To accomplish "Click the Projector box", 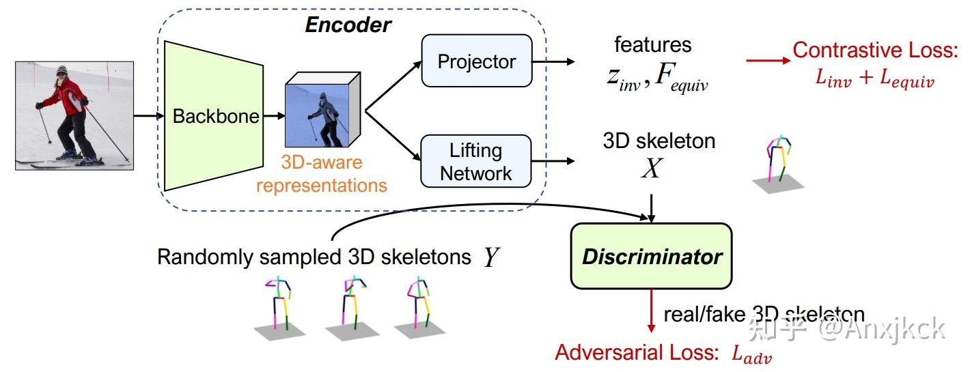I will point(476,61).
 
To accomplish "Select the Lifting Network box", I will point(476,162).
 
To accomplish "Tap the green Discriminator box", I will point(651,257).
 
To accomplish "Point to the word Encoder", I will point(348,25).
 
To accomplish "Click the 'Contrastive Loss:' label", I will point(874,50).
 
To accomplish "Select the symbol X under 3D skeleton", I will point(651,169).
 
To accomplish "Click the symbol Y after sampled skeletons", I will point(490,257).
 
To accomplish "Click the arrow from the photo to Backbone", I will point(145,116).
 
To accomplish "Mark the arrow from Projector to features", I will point(553,61).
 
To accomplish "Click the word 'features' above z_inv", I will point(652,45).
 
